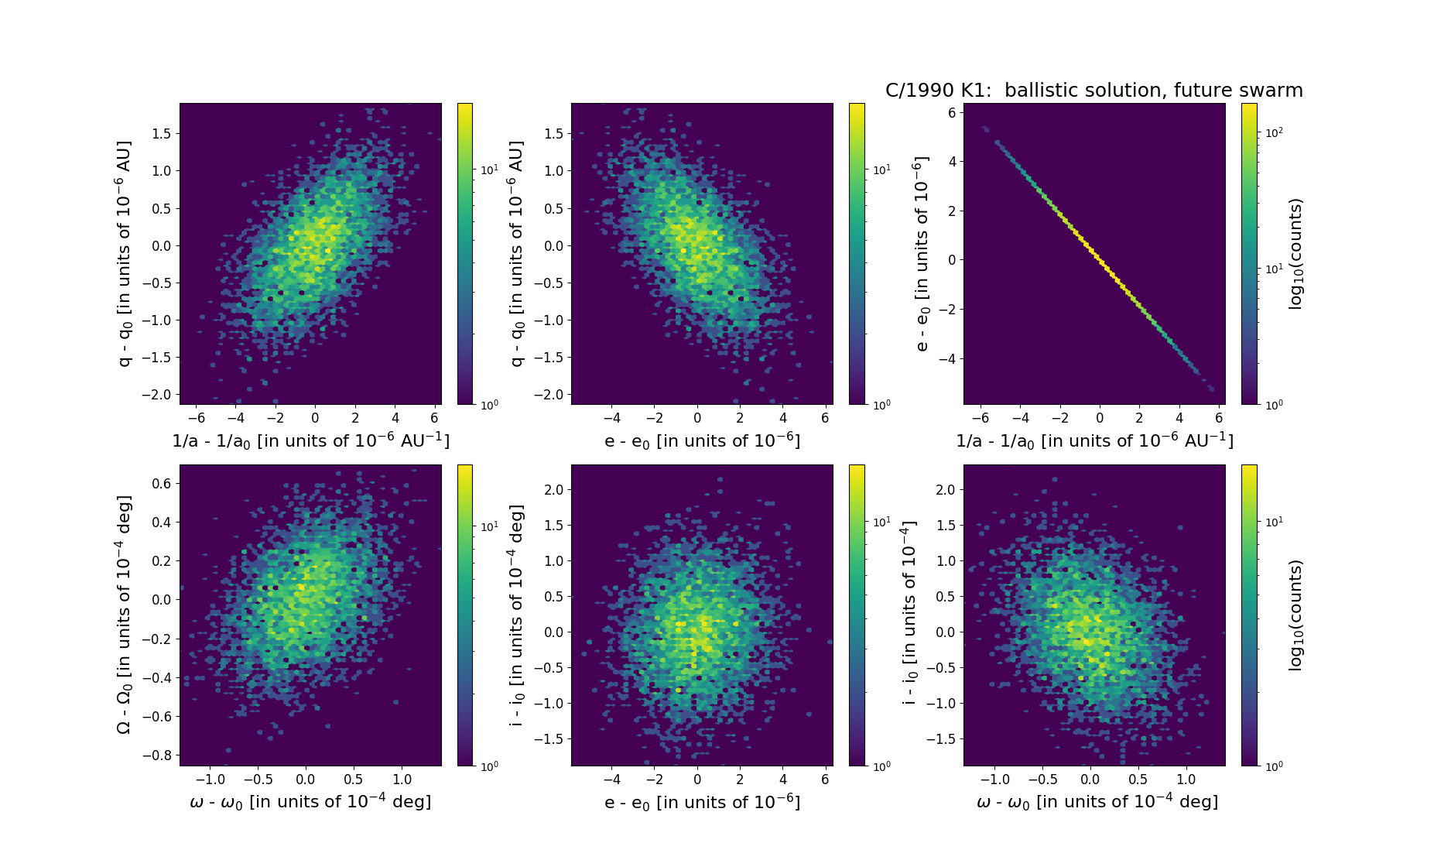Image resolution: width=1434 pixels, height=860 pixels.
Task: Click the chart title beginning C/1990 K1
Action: [1093, 91]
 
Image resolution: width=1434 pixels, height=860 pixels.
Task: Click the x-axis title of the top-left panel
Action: [310, 440]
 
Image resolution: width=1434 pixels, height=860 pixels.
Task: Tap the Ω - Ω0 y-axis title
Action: [124, 615]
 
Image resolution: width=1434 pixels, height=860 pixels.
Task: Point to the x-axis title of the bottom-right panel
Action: [1097, 802]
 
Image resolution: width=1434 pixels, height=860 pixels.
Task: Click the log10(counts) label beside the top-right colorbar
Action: [1295, 254]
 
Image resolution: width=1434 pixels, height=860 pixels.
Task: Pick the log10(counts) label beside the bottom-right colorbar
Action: [1295, 615]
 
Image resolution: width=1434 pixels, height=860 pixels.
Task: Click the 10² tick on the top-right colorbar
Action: [1274, 132]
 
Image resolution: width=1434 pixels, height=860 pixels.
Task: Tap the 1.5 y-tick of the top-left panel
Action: [162, 134]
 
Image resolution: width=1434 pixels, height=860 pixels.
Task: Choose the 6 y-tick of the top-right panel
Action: [951, 113]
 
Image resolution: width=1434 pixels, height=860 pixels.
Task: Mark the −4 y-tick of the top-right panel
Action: [946, 359]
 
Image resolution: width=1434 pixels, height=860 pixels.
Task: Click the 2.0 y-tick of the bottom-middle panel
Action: [553, 490]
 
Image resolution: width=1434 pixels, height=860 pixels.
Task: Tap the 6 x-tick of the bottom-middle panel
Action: [825, 779]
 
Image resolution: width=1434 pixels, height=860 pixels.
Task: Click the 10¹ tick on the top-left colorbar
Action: [490, 170]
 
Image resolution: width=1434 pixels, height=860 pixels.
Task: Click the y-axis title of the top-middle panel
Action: [516, 254]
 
